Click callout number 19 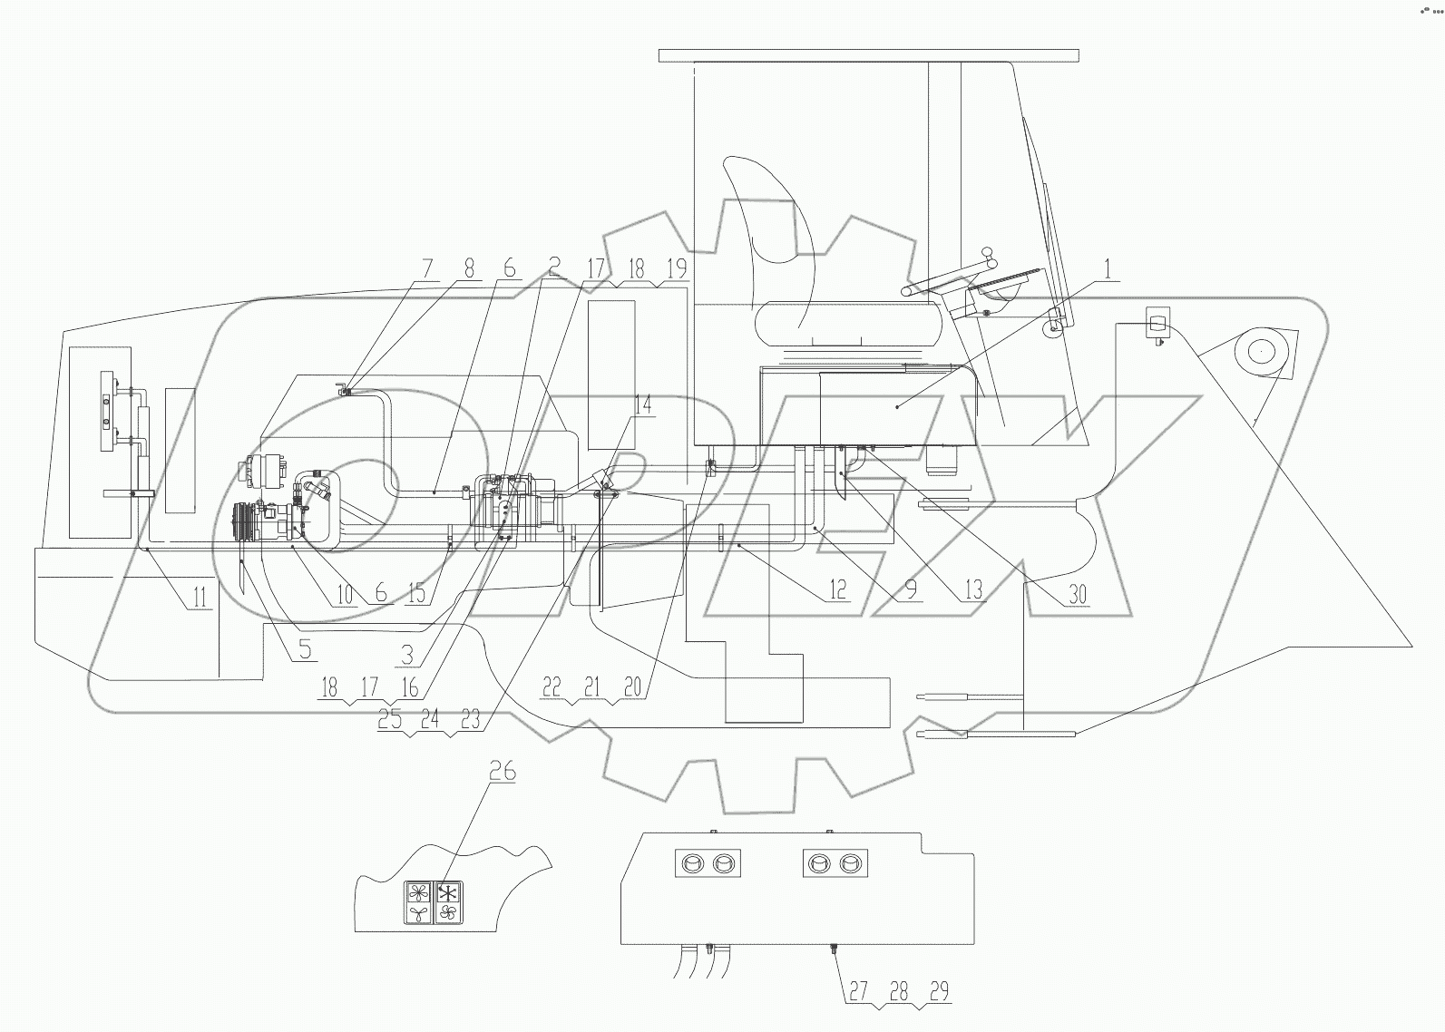coord(676,268)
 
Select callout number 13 coord(972,590)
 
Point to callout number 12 coord(836,590)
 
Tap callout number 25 coord(390,718)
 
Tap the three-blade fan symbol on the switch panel coord(418,913)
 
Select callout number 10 coord(345,593)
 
